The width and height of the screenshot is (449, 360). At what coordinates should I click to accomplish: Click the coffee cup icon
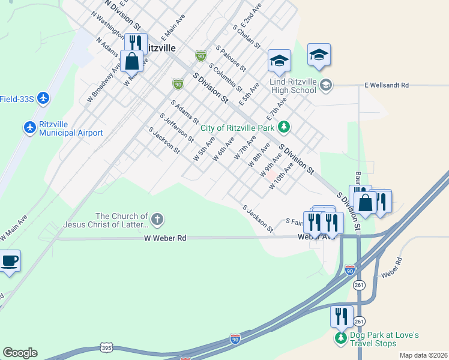click(x=10, y=262)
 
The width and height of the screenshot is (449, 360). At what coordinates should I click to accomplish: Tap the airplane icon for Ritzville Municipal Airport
click(x=30, y=127)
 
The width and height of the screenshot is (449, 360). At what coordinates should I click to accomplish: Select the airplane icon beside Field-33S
click(x=42, y=98)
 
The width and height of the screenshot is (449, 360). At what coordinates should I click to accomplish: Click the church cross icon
click(x=157, y=220)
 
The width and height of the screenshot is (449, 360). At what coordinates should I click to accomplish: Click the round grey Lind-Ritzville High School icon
click(x=325, y=85)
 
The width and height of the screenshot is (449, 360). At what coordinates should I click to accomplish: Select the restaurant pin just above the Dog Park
click(x=341, y=316)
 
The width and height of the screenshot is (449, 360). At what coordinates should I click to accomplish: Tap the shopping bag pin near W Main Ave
click(x=131, y=61)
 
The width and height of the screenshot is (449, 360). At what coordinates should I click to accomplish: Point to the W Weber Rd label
click(x=165, y=238)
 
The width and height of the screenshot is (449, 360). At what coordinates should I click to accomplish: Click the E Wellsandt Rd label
click(x=386, y=86)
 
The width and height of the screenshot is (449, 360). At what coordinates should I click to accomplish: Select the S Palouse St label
click(x=231, y=57)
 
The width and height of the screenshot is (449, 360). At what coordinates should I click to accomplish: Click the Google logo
click(x=20, y=353)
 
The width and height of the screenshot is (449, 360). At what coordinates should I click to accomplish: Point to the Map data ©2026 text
click(x=423, y=355)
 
